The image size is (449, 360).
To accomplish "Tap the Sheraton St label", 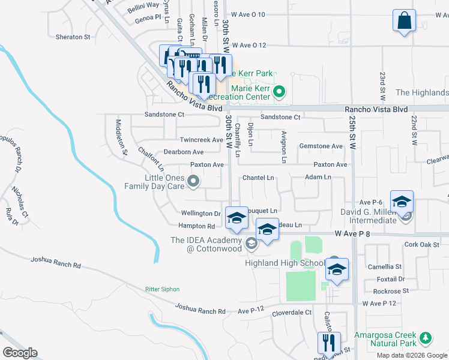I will tap(73, 37).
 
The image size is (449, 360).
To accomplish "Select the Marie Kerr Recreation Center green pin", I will tap(279, 92).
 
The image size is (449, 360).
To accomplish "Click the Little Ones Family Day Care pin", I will tap(193, 180).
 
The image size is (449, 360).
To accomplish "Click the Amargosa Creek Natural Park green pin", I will tap(426, 338).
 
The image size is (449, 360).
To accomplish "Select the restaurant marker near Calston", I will tap(328, 343).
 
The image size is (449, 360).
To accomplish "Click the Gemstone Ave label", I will tap(321, 146).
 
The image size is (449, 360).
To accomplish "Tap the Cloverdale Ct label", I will tap(292, 313).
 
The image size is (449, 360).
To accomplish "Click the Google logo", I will tap(20, 353).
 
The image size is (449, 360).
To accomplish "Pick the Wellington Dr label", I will tap(201, 213).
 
